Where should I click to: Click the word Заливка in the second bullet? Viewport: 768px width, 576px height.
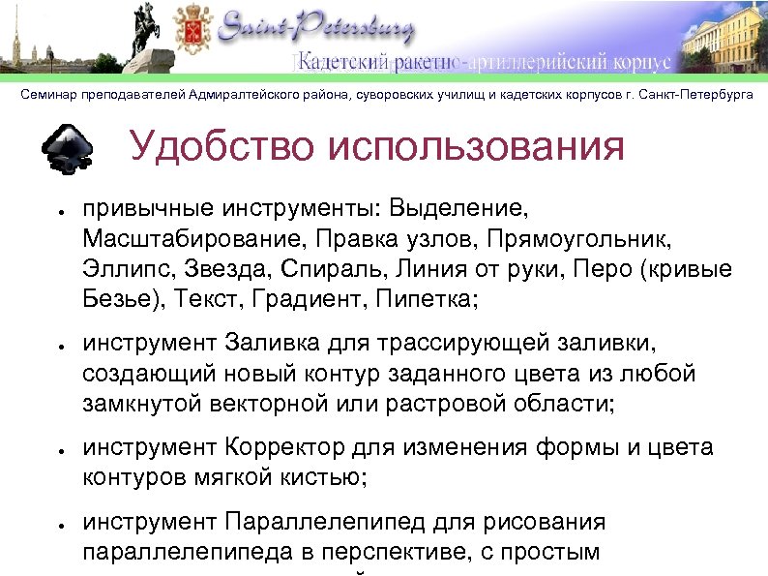tap(272, 343)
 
